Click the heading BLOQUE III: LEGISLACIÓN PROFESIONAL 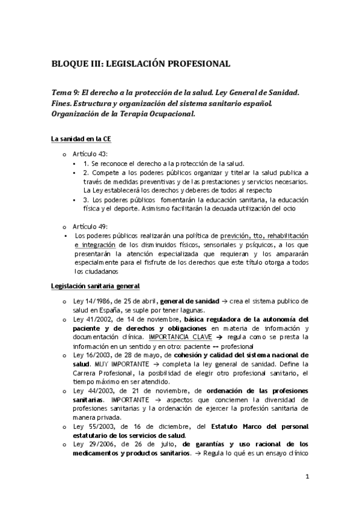click(141, 63)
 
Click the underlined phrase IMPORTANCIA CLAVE click(175, 337)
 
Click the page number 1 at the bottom click(307, 478)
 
